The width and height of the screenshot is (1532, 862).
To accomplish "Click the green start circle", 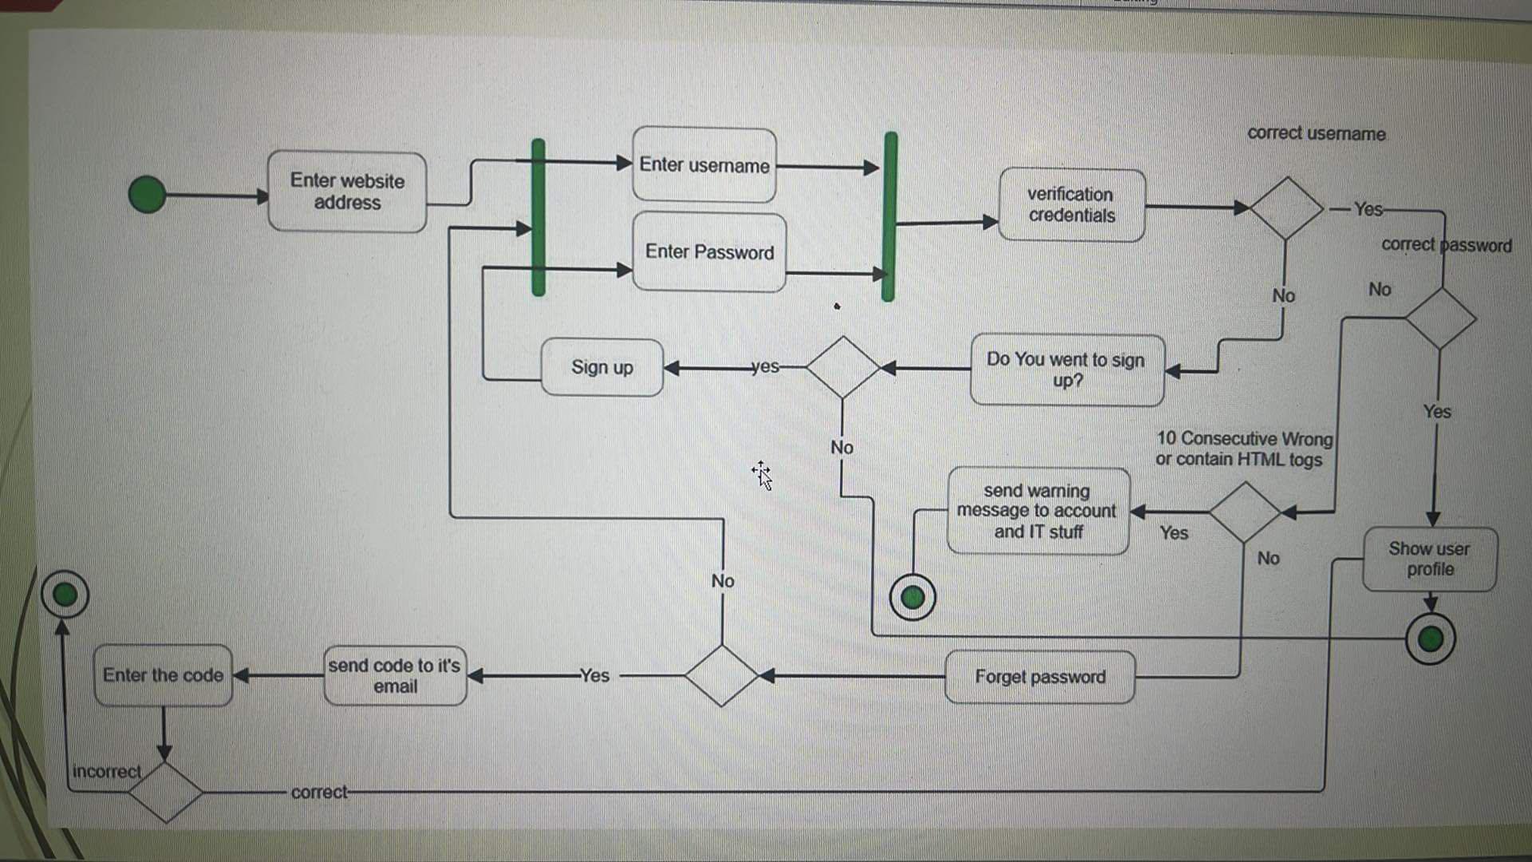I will (148, 195).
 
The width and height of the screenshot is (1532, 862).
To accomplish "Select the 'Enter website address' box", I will (347, 192).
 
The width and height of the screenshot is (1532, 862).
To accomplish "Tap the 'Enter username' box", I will (704, 165).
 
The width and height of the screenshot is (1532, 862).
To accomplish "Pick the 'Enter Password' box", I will (709, 252).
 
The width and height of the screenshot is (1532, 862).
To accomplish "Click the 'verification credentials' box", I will (1072, 205).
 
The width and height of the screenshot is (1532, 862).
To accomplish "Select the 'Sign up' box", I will (602, 367).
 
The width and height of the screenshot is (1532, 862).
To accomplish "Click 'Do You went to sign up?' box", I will (1067, 370).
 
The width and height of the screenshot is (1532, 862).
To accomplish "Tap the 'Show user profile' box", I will (1429, 559).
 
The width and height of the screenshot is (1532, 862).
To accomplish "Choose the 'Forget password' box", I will (1040, 677).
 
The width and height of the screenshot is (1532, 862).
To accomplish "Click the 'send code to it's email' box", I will (395, 676).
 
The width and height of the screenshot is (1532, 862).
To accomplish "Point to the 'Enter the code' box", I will (163, 675).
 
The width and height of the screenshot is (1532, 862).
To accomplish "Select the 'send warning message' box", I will (1037, 511).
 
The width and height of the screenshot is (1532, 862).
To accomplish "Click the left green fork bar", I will (539, 217).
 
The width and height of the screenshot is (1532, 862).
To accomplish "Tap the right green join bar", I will (890, 217).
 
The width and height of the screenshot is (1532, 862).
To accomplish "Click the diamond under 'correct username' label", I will (1286, 208).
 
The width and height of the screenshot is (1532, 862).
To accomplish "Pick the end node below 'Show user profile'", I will (1431, 639).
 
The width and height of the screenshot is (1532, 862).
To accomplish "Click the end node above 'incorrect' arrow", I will (65, 595).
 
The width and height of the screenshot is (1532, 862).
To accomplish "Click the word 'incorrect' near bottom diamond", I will (106, 772).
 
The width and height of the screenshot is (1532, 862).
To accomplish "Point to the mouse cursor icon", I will (762, 475).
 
